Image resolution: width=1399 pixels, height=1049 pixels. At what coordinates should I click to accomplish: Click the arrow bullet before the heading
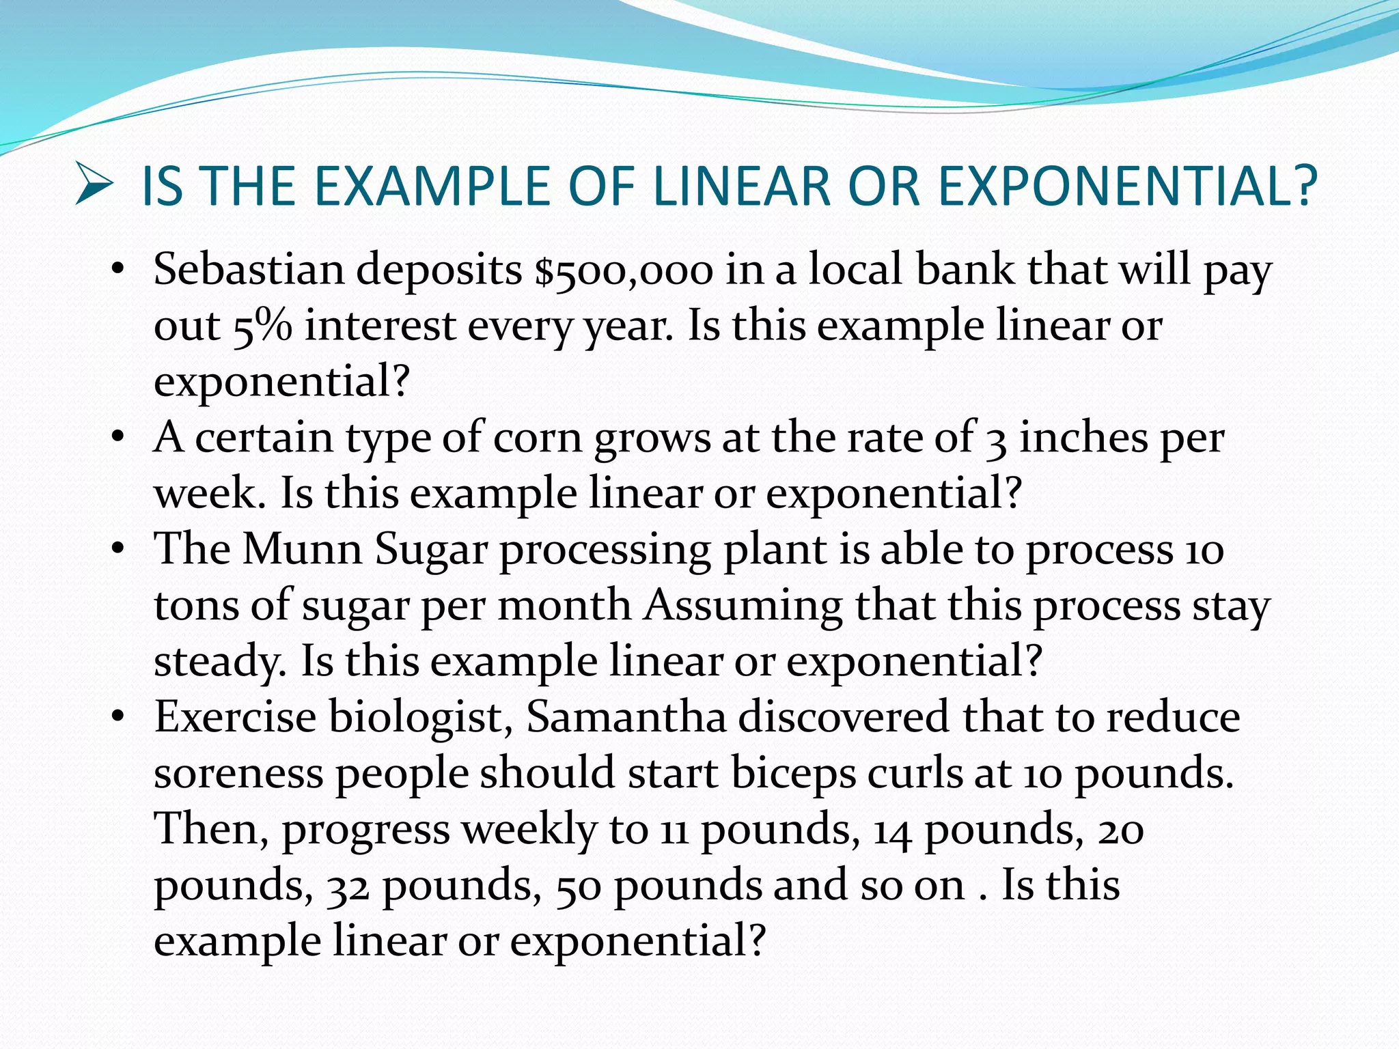pos(94,185)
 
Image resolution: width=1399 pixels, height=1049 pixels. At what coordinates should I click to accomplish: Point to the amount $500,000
pos(624,270)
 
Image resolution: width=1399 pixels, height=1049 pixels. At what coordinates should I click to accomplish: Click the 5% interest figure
pos(262,326)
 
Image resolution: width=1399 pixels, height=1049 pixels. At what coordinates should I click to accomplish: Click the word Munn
pos(302,549)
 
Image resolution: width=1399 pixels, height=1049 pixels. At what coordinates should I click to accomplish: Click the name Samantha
pos(626,718)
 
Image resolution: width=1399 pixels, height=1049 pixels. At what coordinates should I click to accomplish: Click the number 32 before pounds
pos(348,886)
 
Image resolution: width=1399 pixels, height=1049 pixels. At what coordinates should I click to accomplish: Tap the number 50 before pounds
pos(578,886)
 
